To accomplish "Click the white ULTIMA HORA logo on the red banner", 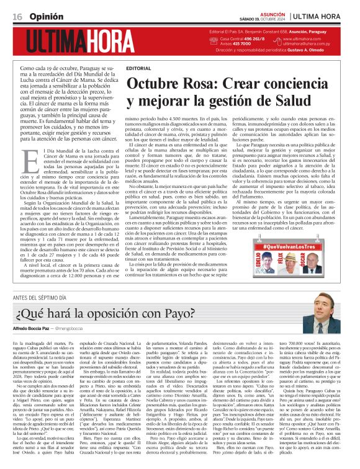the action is (80, 42).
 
